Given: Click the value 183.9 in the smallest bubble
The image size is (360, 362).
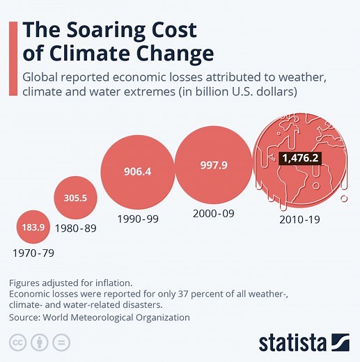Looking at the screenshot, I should click(x=33, y=228).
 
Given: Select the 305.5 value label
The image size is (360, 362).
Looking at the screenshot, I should click(x=75, y=198).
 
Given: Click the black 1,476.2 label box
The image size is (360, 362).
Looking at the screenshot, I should click(x=304, y=158).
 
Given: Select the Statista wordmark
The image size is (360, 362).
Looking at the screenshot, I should click(x=292, y=343).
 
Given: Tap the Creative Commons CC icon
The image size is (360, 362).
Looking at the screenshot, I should click(x=17, y=343).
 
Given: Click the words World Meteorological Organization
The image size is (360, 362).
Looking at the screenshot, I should click(x=115, y=317).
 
